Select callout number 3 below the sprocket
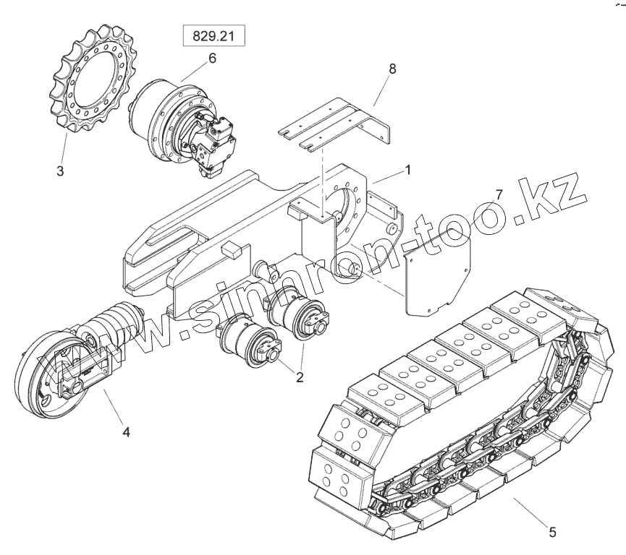(x=60, y=172)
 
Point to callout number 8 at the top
(x=392, y=69)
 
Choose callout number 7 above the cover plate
(x=498, y=194)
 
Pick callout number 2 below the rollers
(x=298, y=376)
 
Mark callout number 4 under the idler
(x=127, y=432)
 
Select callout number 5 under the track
(x=552, y=533)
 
